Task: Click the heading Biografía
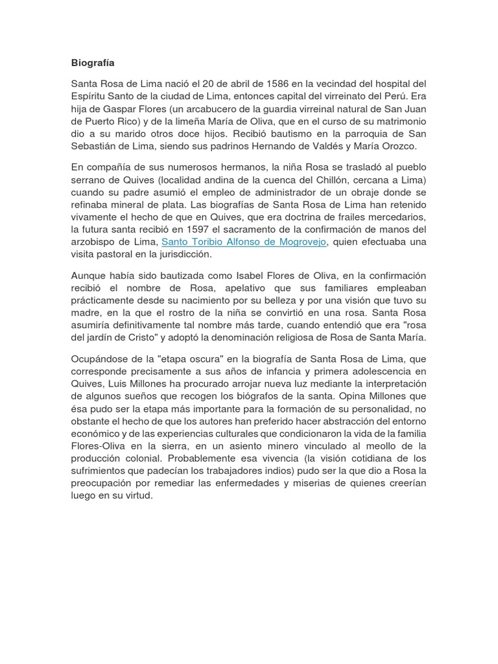92,64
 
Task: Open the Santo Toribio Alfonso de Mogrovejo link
244,242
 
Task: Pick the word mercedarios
395,217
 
